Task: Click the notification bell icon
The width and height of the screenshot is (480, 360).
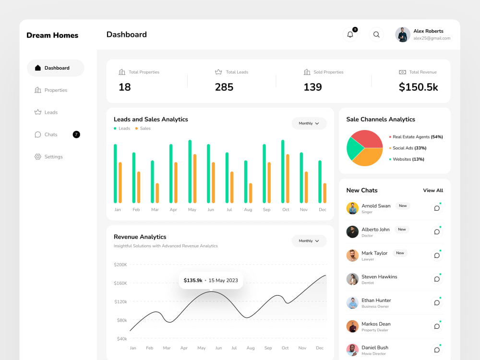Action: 350,35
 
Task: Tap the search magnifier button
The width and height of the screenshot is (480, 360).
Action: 376,35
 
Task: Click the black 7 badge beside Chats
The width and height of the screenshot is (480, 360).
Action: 76,134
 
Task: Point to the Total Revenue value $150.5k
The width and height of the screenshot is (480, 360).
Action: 418,87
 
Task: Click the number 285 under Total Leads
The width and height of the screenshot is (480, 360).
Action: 224,87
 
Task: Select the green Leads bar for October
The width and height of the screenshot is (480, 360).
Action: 283,171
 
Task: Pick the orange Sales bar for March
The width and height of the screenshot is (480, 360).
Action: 157,193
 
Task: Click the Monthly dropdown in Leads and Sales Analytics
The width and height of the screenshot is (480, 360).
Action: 309,123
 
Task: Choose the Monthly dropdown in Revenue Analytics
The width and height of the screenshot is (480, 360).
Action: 309,241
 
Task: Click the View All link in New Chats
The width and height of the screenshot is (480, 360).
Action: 433,191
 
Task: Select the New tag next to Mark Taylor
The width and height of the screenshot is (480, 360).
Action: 400,253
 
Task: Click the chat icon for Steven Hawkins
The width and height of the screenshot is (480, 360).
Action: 437,279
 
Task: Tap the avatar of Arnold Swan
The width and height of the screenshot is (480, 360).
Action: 352,208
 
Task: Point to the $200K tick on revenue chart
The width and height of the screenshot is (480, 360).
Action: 120,264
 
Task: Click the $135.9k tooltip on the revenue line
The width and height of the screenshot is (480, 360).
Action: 211,280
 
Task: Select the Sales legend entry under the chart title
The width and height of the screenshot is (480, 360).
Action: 143,129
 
